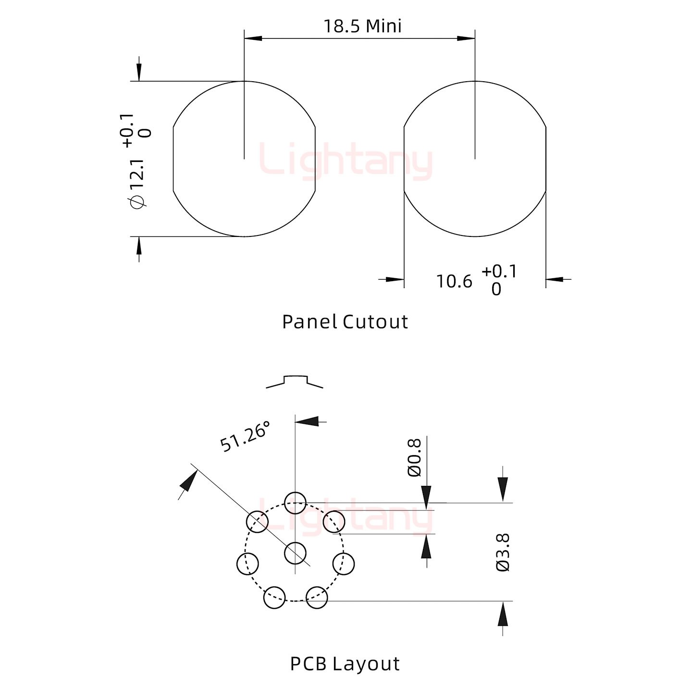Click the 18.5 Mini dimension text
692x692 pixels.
[x=362, y=26]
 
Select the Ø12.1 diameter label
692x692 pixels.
[x=138, y=184]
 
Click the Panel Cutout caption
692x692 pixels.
[x=345, y=321]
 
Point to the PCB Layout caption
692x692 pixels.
[x=345, y=664]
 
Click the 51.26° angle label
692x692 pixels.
[x=245, y=436]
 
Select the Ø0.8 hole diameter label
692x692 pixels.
[x=414, y=457]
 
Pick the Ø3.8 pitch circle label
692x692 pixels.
[x=503, y=553]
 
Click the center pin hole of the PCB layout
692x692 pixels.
[x=295, y=553]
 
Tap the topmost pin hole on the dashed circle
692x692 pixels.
[x=295, y=503]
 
